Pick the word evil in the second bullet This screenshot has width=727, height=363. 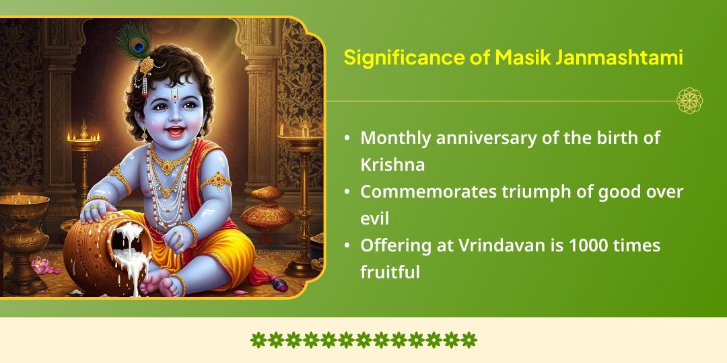pos(374,218)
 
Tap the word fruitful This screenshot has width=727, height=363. pos(390,272)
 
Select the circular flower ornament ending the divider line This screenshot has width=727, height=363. pos(689,101)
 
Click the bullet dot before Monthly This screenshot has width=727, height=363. pos(347,138)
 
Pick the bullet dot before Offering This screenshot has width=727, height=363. pos(347,246)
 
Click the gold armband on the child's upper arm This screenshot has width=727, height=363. pos(217,180)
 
